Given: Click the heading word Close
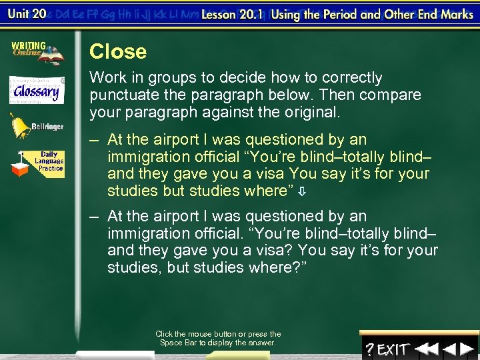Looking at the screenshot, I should (x=118, y=51).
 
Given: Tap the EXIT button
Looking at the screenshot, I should (x=393, y=349).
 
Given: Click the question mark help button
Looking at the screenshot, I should (x=369, y=349).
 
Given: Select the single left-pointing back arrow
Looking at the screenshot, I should (x=449, y=349).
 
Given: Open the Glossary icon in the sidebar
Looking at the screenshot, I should (x=37, y=90).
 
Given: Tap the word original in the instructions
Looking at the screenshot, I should (x=313, y=113).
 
